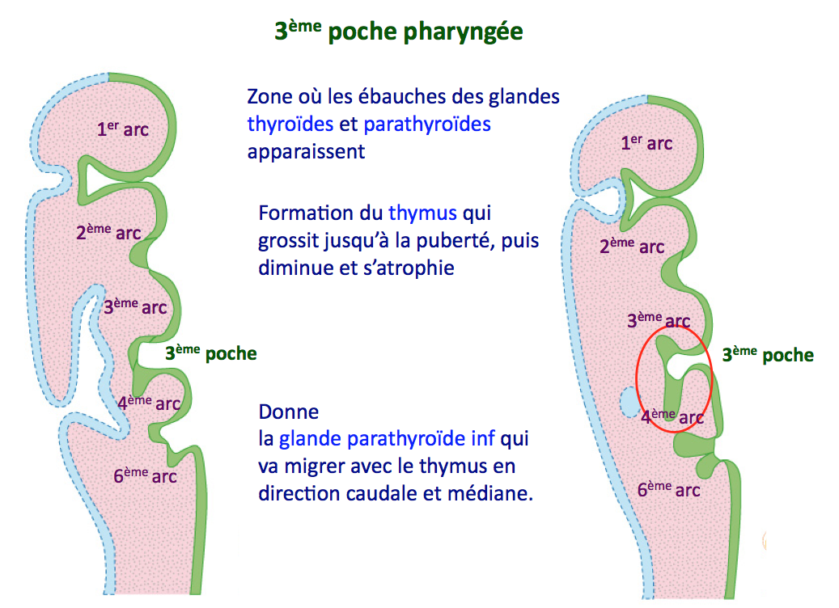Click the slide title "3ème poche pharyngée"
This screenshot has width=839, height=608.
[398, 32]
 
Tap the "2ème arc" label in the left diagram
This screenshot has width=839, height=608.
[108, 233]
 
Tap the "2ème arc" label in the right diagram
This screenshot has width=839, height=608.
[632, 246]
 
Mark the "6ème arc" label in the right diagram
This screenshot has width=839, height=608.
[668, 489]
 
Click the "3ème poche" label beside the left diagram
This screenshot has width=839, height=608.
[210, 353]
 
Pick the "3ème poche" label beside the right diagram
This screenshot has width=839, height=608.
[768, 354]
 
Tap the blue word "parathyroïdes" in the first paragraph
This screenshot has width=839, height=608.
[427, 125]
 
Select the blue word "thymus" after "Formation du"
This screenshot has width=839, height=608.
[422, 213]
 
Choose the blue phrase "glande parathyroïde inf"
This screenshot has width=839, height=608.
[388, 439]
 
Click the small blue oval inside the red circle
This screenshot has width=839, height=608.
[628, 402]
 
